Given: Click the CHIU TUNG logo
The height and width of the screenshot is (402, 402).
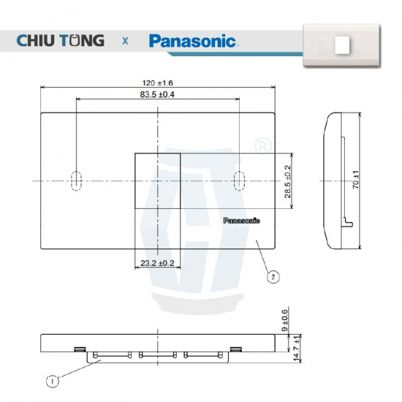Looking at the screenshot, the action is pyautogui.click(x=61, y=40).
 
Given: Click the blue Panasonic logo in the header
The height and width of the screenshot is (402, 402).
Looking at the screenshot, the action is pyautogui.click(x=194, y=41).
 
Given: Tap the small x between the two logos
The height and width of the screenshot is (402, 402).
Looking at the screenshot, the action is pyautogui.click(x=125, y=41).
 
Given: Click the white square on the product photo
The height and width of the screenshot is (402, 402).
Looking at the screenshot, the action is pyautogui.click(x=342, y=45).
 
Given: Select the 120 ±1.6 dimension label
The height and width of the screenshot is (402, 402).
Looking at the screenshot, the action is pyautogui.click(x=158, y=83).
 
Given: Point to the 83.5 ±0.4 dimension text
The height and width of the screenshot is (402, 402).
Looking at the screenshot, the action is pyautogui.click(x=157, y=94).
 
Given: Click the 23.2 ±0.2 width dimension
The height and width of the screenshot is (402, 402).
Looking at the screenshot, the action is pyautogui.click(x=157, y=263).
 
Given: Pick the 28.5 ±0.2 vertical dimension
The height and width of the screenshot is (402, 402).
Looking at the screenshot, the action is pyautogui.click(x=288, y=181).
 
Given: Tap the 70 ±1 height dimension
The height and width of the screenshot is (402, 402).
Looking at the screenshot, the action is pyautogui.click(x=356, y=180).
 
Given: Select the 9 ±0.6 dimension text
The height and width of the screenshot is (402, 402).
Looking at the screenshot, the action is pyautogui.click(x=285, y=320).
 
